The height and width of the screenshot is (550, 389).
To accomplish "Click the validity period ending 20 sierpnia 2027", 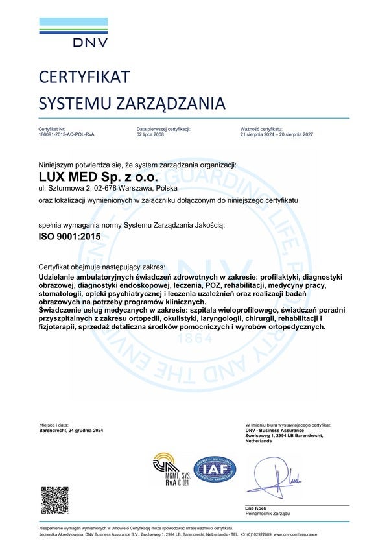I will pyautogui.click(x=277, y=134).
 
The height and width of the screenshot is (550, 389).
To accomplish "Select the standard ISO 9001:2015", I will pyautogui.click(x=70, y=238).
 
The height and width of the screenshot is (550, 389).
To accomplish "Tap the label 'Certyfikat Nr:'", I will pyautogui.click(x=53, y=129).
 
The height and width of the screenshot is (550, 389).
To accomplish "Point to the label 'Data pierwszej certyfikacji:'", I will pyautogui.click(x=163, y=129).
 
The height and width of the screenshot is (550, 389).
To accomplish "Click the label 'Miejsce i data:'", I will pyautogui.click(x=54, y=424).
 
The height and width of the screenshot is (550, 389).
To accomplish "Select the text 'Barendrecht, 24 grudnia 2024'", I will pyautogui.click(x=71, y=430).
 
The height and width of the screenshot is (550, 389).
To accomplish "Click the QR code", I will pyautogui.click(x=55, y=499).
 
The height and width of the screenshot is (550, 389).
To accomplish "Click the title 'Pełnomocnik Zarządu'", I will pyautogui.click(x=268, y=513).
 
